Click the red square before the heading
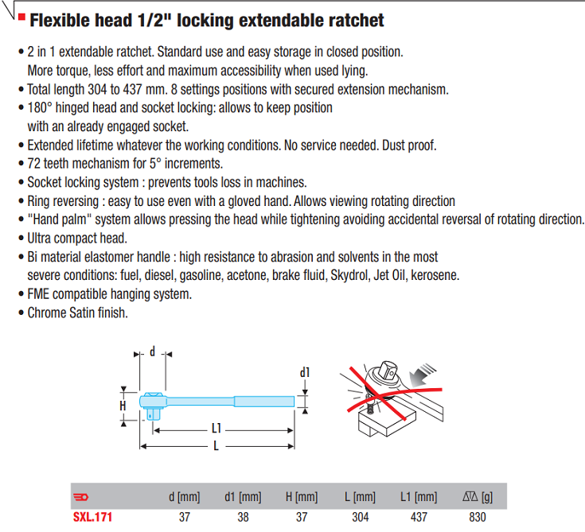point(21,17)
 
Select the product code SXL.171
point(92,517)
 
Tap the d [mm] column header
point(185,497)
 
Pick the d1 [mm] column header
point(243,497)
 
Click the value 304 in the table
point(361,517)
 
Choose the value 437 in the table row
point(419,517)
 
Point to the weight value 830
point(478,517)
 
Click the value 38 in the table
point(243,517)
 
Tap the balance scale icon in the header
point(470,496)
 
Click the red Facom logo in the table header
point(80,497)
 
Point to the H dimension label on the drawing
point(123,406)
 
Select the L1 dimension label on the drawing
point(216,429)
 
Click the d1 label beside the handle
point(305,372)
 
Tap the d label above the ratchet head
point(152,351)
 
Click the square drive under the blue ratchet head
point(153,414)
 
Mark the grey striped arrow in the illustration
point(422,375)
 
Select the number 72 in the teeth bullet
point(34,164)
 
